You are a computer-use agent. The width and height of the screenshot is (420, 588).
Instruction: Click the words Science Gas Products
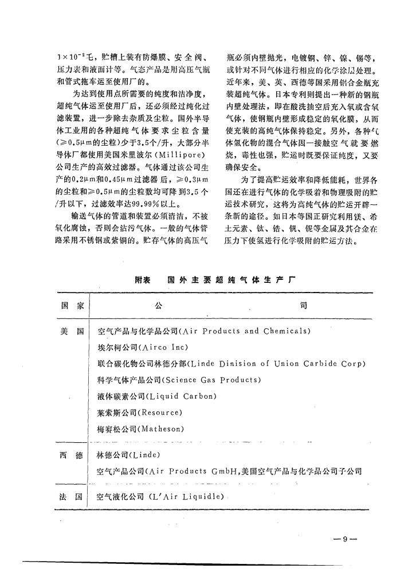(x=213, y=380)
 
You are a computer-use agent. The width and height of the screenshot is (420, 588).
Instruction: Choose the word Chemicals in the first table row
(x=285, y=331)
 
